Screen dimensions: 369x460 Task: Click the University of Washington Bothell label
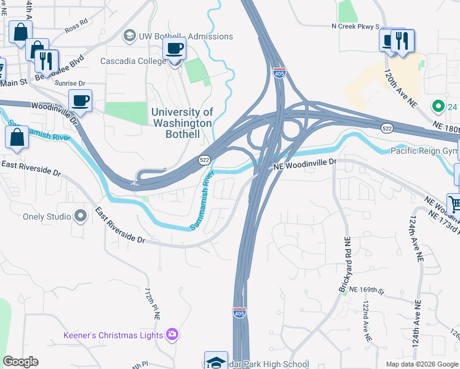point(182,123)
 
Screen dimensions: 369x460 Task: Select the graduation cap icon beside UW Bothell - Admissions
point(130,36)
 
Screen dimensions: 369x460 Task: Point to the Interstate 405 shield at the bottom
point(240,312)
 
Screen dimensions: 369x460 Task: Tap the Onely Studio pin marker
point(81,216)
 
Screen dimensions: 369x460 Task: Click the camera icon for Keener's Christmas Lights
point(173,335)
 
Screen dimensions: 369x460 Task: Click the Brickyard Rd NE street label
point(344,258)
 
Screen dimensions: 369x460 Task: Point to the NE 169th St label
point(366,288)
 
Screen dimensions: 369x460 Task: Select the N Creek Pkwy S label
point(354,26)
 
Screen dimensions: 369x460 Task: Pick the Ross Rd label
point(76,28)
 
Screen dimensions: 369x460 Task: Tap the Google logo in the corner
point(20,362)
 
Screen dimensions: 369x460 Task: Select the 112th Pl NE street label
point(153,304)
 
